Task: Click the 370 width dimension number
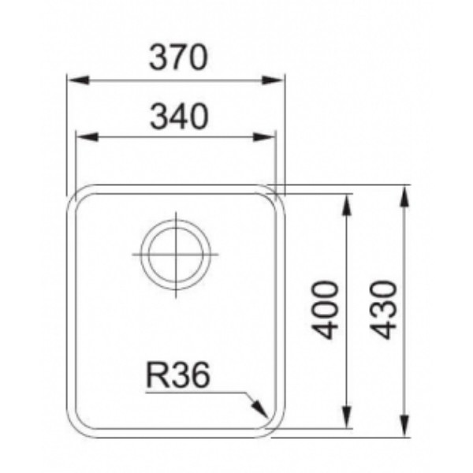coord(179,58)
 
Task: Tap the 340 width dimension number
coord(179,117)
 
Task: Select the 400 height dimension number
coord(325,310)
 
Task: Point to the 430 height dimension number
coord(384,310)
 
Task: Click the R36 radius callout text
coord(177,375)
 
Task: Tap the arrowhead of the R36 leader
coord(260,409)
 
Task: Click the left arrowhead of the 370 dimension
coord(78,80)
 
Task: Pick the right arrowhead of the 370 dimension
coord(273,80)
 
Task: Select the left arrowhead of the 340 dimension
coord(88,137)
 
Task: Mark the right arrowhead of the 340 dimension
coord(264,137)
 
